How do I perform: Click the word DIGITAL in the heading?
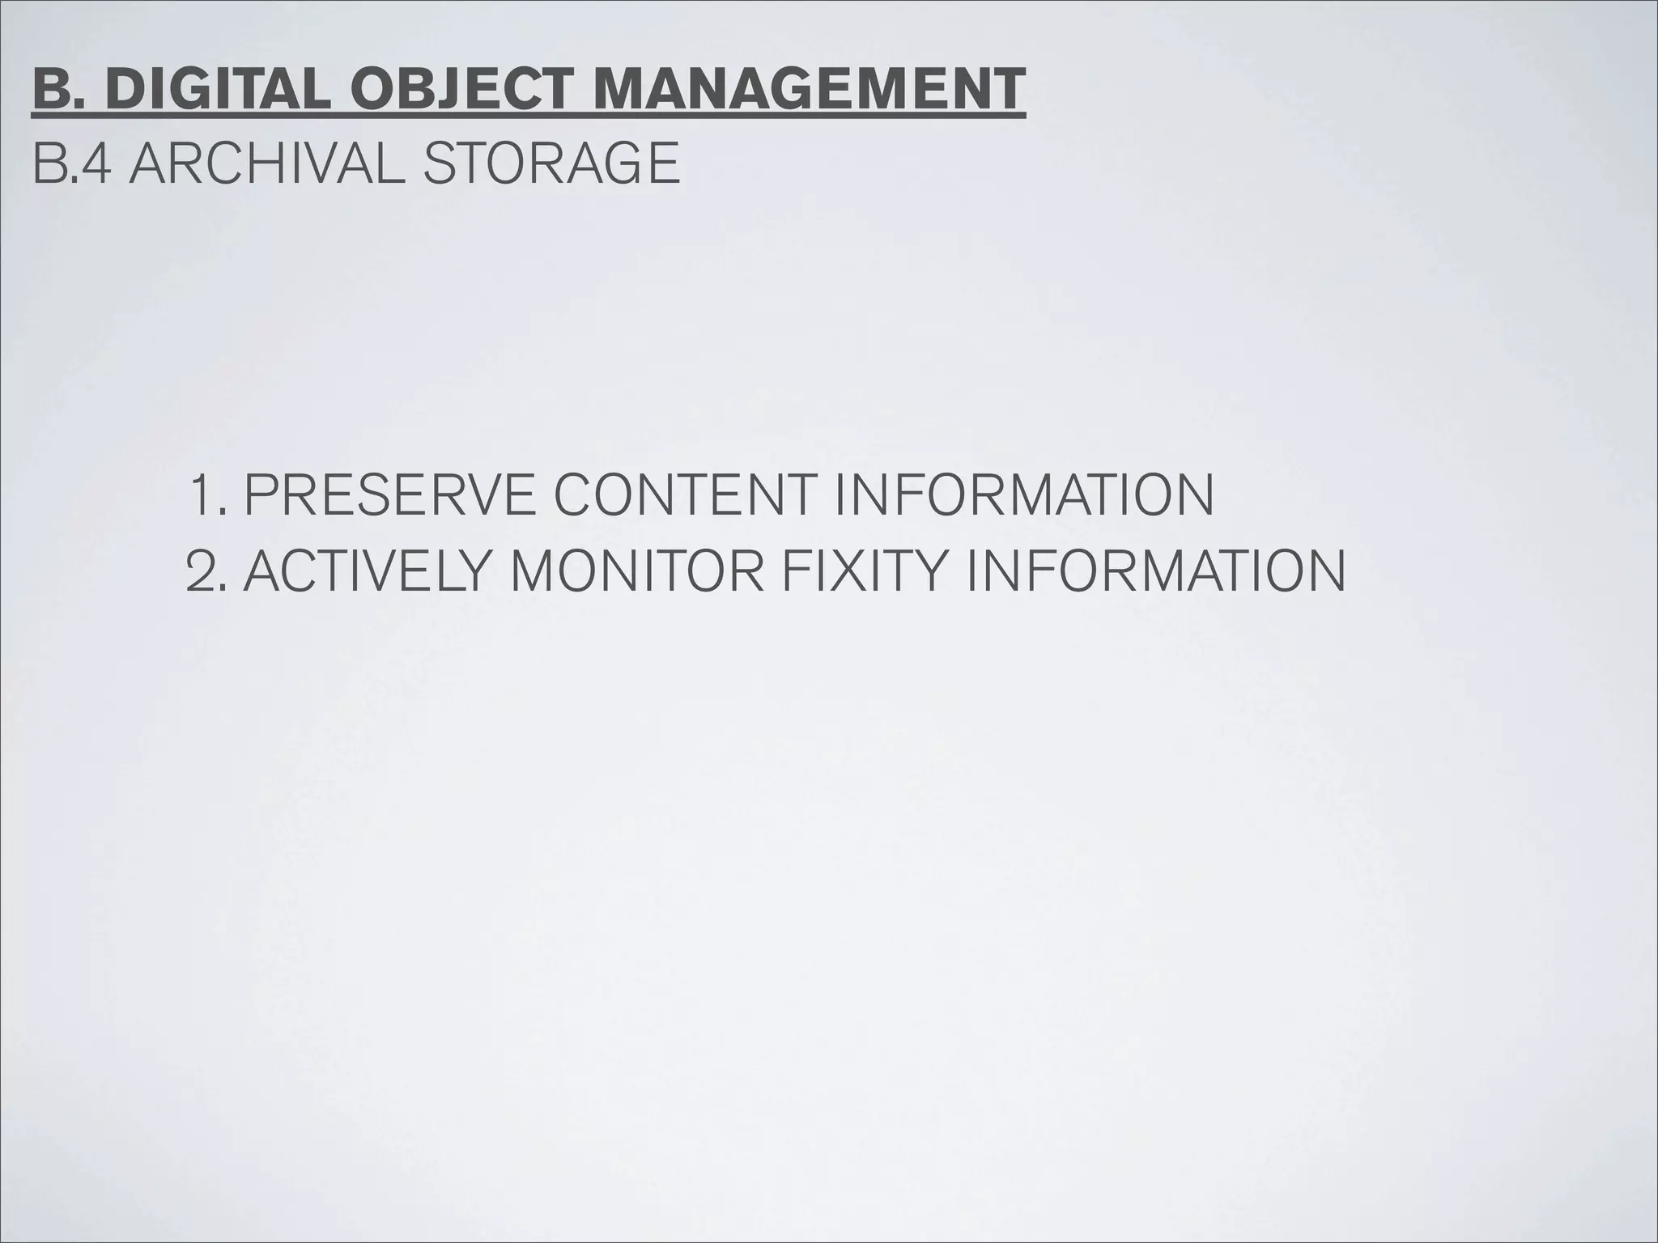pyautogui.click(x=217, y=89)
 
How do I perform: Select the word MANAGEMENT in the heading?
pyautogui.click(x=809, y=89)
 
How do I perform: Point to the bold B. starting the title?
pyautogui.click(x=60, y=89)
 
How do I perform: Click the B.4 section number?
pyautogui.click(x=72, y=163)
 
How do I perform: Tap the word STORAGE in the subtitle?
pyautogui.click(x=551, y=163)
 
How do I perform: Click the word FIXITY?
pyautogui.click(x=865, y=571)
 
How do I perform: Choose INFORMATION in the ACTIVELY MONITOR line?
pyautogui.click(x=1154, y=571)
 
